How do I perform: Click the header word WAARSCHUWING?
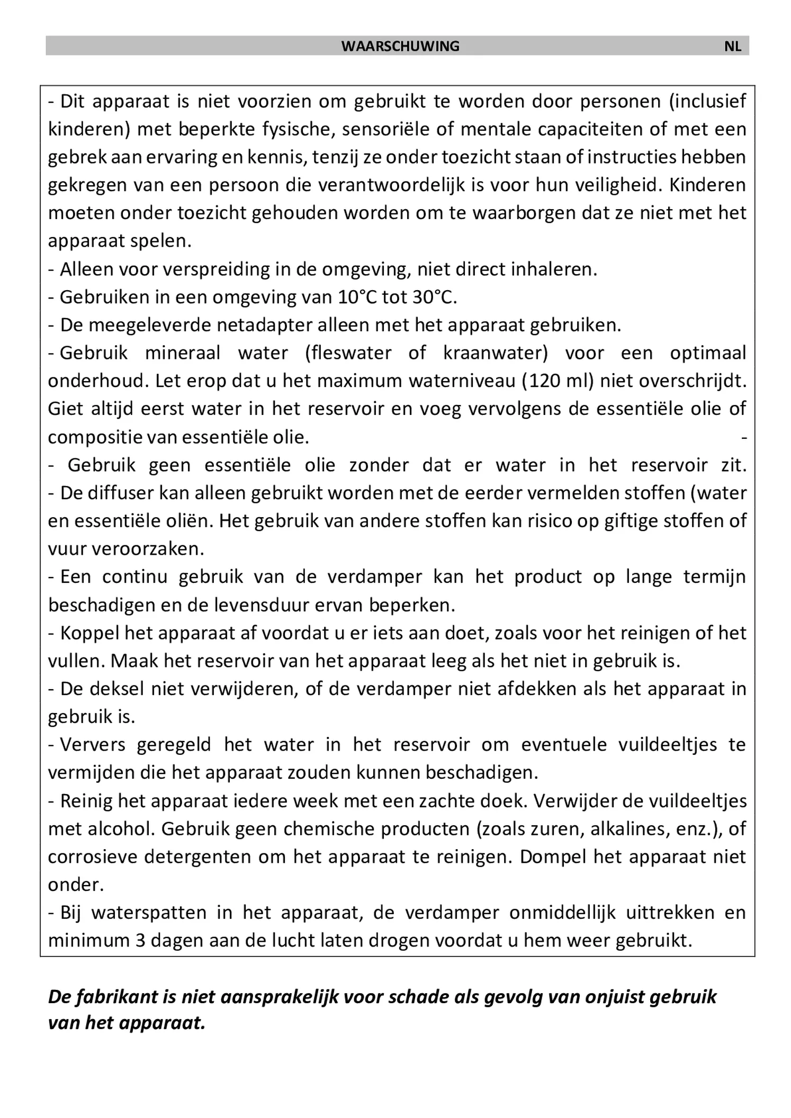tap(400, 46)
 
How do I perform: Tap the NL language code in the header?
tap(732, 46)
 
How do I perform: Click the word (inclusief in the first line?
tap(707, 101)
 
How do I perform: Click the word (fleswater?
tap(348, 353)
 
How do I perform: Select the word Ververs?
tap(93, 745)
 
